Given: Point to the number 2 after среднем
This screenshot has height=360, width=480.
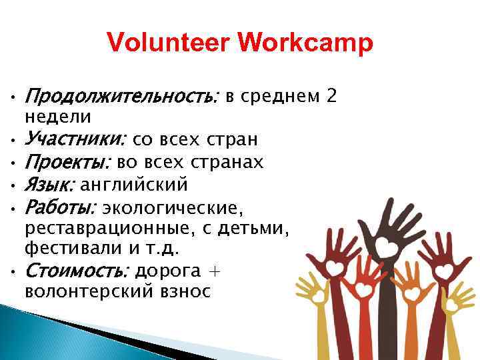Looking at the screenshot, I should click(x=331, y=97).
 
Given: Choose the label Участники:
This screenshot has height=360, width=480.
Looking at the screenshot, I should click(x=75, y=139).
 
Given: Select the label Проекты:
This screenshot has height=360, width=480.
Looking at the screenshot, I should click(x=69, y=161).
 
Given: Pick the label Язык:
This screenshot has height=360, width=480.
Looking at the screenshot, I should click(x=51, y=184).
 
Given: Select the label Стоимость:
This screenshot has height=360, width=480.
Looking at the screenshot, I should click(x=77, y=271).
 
